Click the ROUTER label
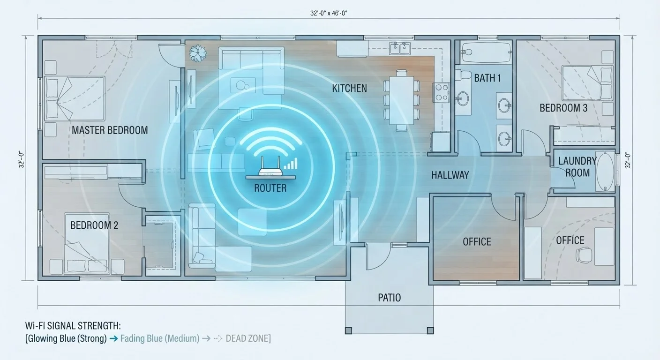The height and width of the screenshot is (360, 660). point(270,188)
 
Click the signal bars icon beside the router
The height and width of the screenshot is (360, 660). point(291,164)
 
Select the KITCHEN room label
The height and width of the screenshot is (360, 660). point(349,88)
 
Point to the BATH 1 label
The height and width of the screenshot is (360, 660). point(487,78)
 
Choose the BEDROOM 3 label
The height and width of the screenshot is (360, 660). point(563,108)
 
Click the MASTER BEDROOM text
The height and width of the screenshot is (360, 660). point(110,130)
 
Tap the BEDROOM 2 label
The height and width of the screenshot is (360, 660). point(94,225)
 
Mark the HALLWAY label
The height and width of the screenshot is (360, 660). point(450,175)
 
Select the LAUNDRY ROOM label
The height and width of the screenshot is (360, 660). point(577,167)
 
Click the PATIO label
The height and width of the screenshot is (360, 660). point(389,298)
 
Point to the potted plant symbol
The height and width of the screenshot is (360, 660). point(198,53)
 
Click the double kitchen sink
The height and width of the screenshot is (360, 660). point(400,48)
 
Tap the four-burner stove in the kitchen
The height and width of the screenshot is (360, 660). point(441,92)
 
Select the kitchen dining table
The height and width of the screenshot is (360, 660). point(401,100)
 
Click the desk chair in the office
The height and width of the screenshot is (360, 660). point(584,254)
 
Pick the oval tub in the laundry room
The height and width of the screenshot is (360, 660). point(605,172)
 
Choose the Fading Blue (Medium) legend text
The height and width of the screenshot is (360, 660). point(160,338)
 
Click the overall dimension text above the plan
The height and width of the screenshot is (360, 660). point(329,13)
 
